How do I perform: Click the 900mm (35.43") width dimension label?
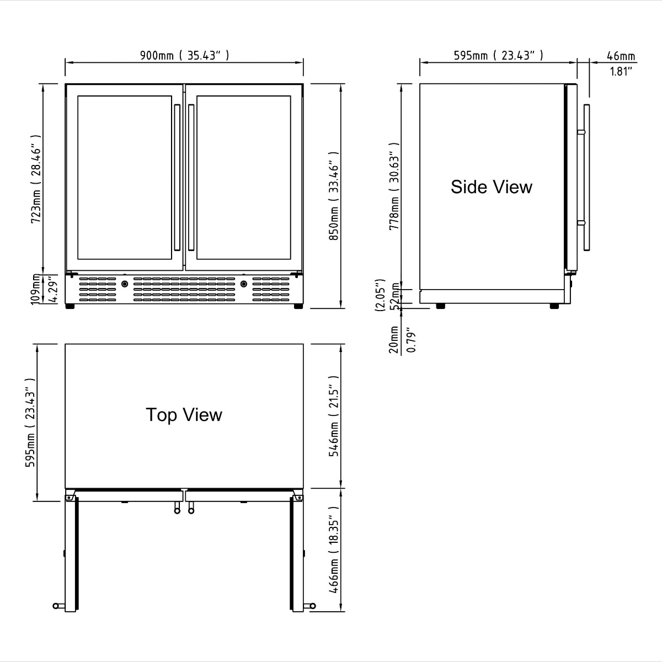point(184,55)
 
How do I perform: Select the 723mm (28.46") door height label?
point(36,178)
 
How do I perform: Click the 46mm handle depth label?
point(621,56)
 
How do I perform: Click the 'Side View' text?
point(492,186)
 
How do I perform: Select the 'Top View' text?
point(184,415)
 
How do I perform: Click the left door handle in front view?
point(177,177)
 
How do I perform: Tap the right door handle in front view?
point(191,177)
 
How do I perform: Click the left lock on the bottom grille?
point(125,284)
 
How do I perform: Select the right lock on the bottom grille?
point(243,284)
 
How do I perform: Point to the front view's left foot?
point(70,306)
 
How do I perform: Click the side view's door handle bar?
point(586,177)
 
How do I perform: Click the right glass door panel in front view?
point(243,178)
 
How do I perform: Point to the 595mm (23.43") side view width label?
point(498,55)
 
